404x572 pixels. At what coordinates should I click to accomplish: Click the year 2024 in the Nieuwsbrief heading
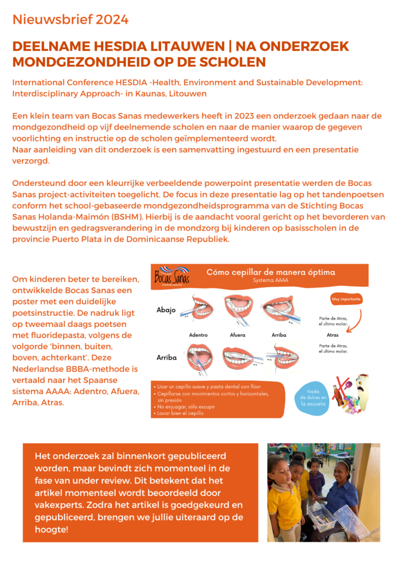coord(112,20)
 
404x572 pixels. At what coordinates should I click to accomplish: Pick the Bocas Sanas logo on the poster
coord(172,275)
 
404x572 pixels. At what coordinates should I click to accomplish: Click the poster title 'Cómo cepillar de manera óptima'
coord(271,273)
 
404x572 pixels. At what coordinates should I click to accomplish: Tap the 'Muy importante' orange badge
coord(347,299)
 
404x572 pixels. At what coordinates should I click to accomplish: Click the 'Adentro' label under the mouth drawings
coord(198,335)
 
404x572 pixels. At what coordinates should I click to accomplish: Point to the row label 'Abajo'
coord(166,309)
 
